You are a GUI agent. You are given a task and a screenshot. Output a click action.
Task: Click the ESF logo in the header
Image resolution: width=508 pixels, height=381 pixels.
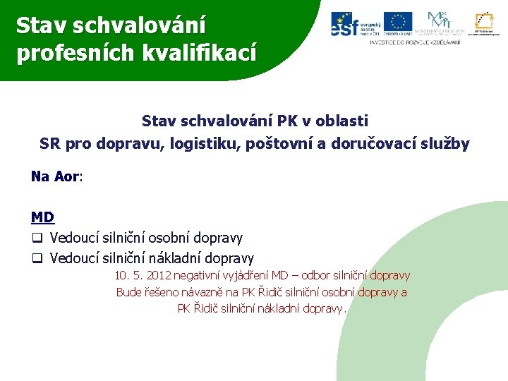click(x=355, y=24)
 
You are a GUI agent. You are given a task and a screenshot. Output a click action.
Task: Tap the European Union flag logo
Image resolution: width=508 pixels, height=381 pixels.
click(x=398, y=23)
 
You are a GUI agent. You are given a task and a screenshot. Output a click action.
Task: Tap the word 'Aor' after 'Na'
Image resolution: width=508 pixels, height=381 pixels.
click(x=67, y=176)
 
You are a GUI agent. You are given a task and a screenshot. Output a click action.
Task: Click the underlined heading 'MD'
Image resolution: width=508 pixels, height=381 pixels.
click(x=42, y=217)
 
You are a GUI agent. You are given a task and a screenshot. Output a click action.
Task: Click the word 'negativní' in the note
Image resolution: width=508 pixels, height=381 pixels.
click(x=199, y=276)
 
